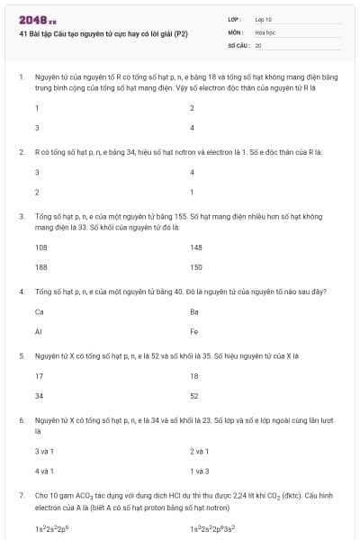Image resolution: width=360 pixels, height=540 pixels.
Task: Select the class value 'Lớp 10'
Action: click(263, 19)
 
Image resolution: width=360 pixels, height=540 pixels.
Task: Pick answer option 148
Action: click(196, 246)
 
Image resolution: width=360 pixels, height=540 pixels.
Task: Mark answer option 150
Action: click(196, 267)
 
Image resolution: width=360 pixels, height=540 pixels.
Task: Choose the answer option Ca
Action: click(40, 311)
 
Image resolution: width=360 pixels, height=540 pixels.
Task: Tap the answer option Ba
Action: click(194, 311)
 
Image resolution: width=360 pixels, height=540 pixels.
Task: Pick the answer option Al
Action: click(39, 332)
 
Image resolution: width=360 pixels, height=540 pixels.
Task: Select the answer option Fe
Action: click(194, 332)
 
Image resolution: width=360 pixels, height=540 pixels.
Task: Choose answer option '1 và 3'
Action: click(200, 471)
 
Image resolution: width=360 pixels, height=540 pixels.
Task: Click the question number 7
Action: click(21, 495)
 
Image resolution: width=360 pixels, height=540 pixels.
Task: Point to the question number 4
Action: click(21, 292)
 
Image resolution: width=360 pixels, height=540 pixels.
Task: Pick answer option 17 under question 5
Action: click(39, 375)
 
